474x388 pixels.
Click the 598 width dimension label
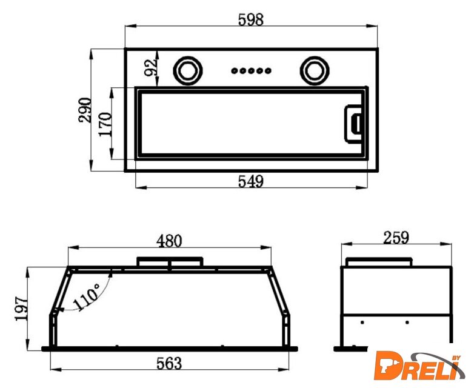pos(250,19)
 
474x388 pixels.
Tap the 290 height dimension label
pos(85,110)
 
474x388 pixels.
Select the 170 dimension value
pos(105,124)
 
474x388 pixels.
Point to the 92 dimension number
pos(150,67)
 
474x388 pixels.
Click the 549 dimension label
pos(250,181)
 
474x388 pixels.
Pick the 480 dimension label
pos(169,241)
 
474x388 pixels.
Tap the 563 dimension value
pos(169,363)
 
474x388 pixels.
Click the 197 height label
pos(21,308)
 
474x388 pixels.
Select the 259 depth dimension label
pos(396,238)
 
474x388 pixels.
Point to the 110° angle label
pos(87,297)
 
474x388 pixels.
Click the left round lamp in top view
pos(188,70)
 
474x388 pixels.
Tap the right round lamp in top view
pos(315,70)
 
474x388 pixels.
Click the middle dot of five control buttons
pos(251,71)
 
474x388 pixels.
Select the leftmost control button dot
pos(235,71)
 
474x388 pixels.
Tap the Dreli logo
pos(419,366)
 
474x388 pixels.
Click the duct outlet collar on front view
pos(170,262)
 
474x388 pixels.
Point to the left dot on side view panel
pos(362,323)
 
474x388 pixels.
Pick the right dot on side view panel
pos(407,323)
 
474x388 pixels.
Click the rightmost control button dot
pos(268,71)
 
